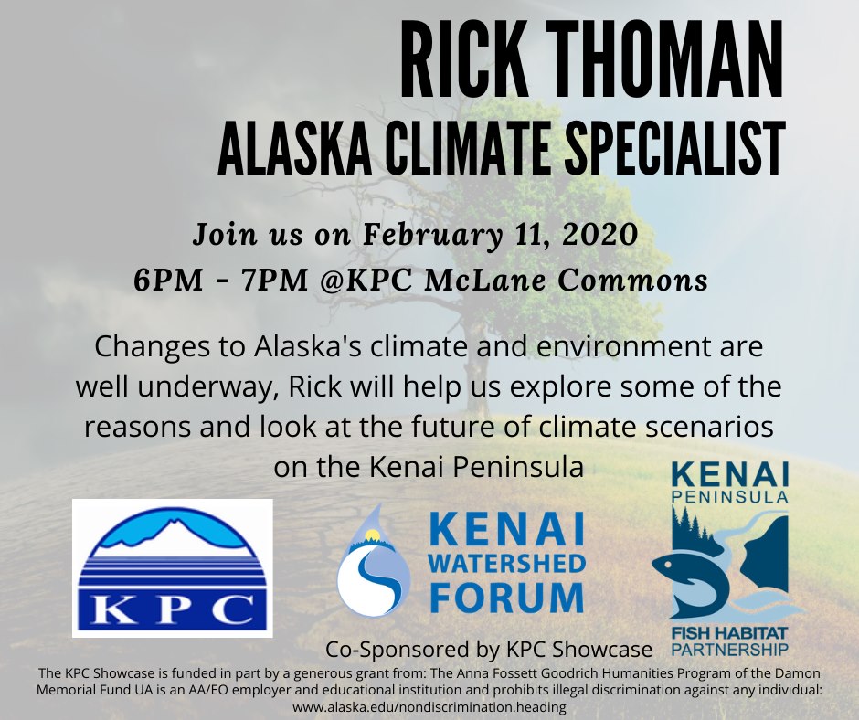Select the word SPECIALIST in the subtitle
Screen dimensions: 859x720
click(674, 148)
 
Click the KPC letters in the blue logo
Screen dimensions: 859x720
click(172, 609)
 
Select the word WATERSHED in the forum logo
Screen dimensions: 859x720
click(507, 563)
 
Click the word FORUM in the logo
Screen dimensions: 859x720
click(507, 596)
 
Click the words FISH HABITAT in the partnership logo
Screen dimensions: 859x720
click(729, 633)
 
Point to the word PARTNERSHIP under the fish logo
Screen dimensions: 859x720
click(729, 651)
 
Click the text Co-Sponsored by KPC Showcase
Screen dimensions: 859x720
click(489, 650)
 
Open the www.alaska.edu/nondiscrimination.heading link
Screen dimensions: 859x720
click(429, 707)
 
